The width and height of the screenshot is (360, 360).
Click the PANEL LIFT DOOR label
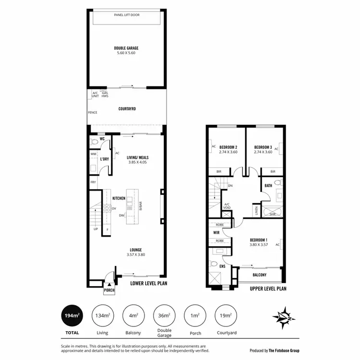coord(126,15)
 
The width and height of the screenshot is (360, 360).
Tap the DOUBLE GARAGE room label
coord(126,48)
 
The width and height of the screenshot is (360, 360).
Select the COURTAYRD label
coord(127,109)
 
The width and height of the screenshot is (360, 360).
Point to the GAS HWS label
coord(105,95)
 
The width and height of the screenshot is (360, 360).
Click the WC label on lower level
coord(102,139)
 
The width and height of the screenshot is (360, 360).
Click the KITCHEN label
coord(119,198)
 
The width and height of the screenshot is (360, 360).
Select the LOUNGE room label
coord(135,250)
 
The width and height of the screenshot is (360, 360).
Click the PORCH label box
coord(109,290)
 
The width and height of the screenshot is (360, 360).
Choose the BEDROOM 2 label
coord(228,147)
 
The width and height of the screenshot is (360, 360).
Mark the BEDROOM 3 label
coord(263,147)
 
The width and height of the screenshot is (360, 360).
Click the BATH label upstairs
coord(268,185)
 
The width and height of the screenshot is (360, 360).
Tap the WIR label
coord(216,233)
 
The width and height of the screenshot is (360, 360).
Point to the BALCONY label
coord(259,275)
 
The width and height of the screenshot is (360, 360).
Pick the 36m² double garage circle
coord(164,315)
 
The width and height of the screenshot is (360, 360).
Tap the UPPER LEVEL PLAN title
coord(268,289)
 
